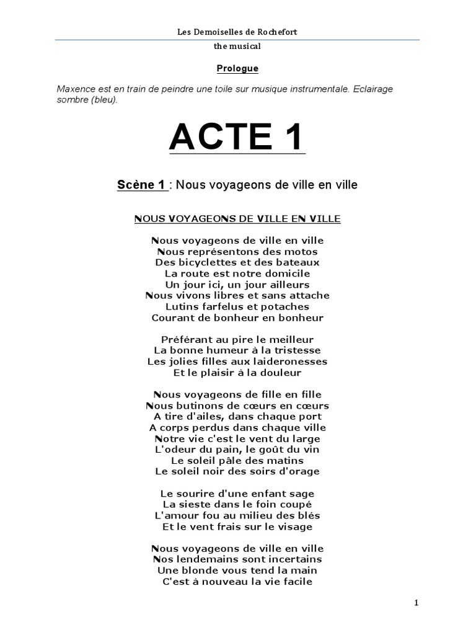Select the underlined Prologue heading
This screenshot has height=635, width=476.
237,68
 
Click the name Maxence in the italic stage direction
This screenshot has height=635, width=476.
76,89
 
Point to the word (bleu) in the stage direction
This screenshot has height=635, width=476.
103,100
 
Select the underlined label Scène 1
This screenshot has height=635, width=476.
142,185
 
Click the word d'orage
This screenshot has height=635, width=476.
299,471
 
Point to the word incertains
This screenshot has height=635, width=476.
295,560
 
